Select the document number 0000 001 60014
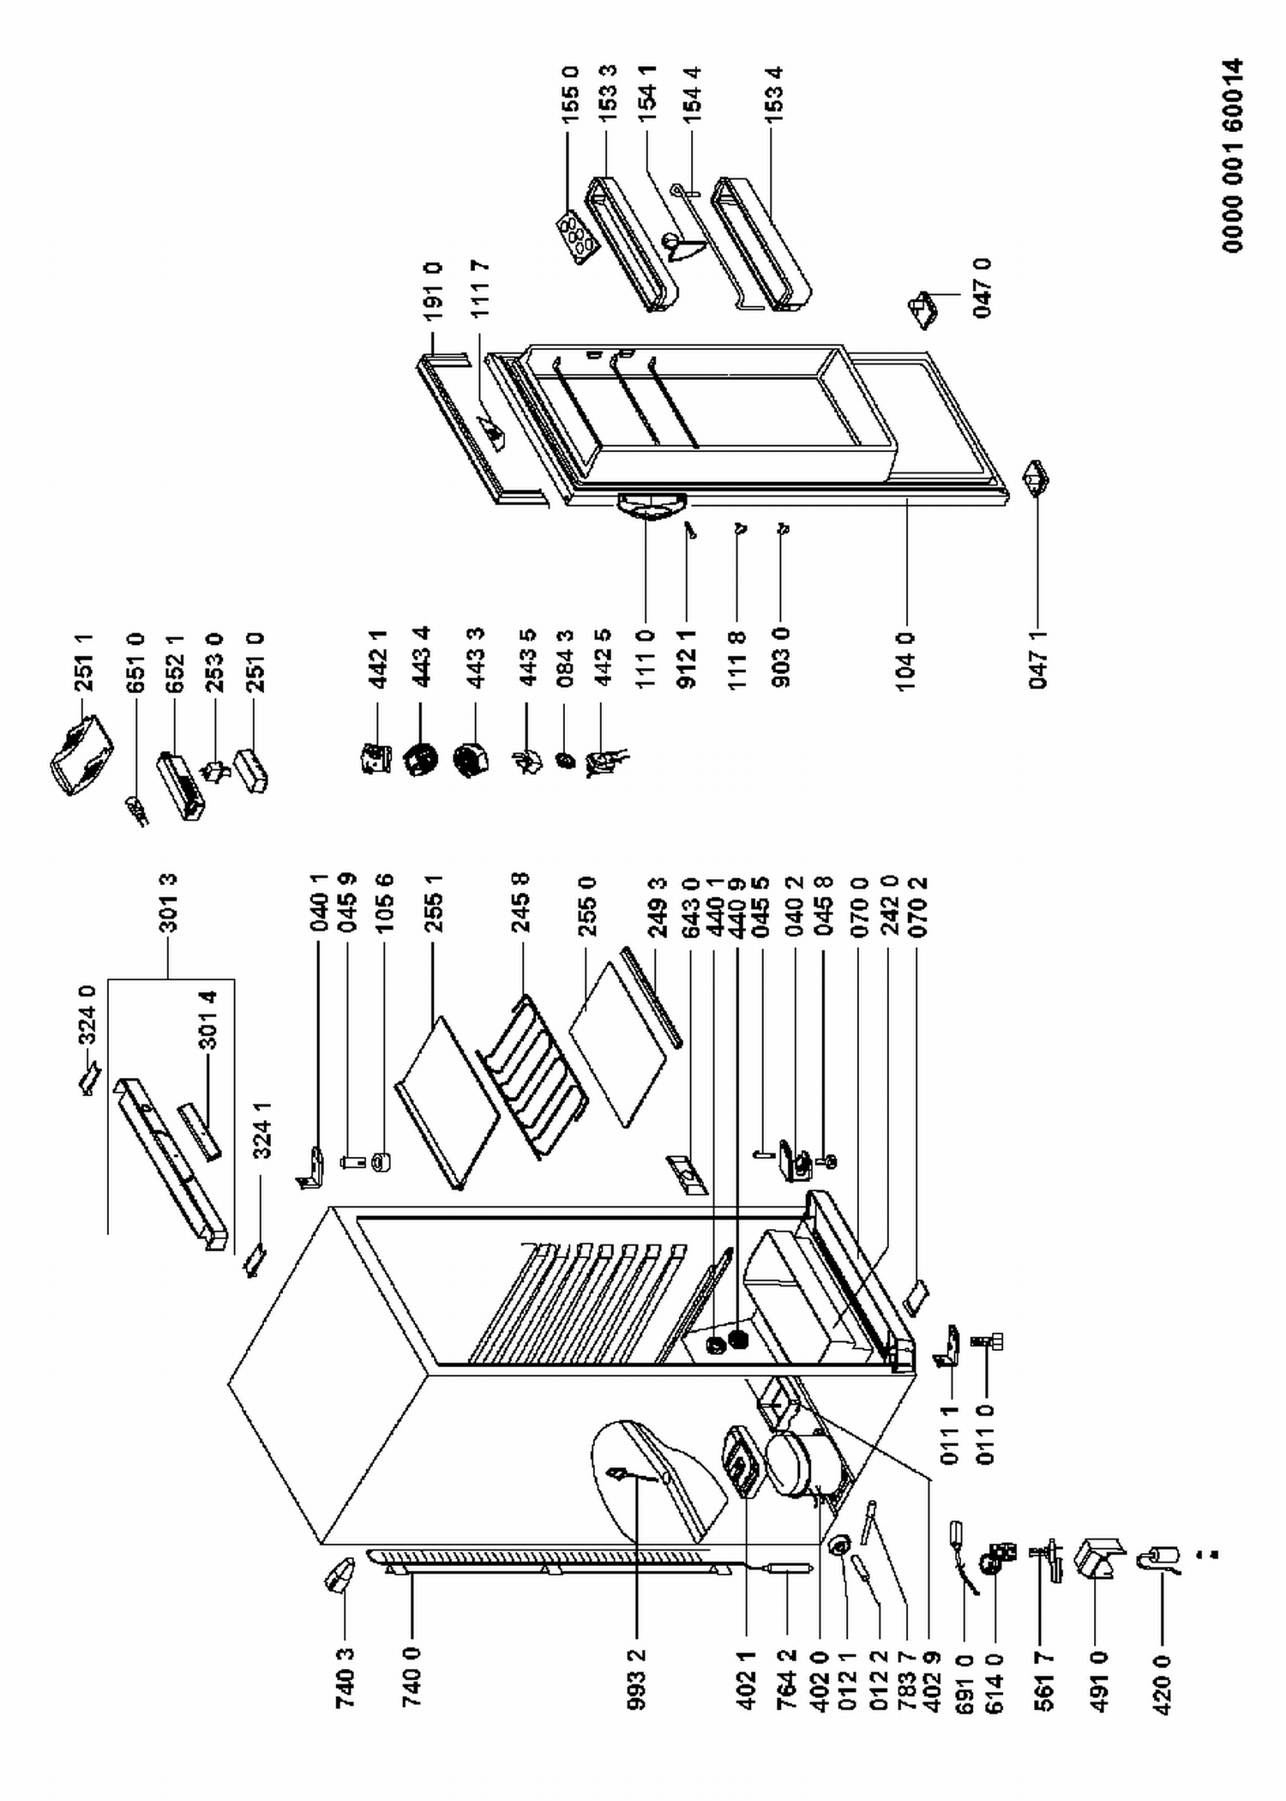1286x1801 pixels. click(x=1233, y=155)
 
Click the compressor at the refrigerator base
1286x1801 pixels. click(x=795, y=1467)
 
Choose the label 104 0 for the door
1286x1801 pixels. click(x=906, y=661)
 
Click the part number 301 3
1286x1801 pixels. click(x=168, y=903)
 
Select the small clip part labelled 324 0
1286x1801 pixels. click(x=90, y=1083)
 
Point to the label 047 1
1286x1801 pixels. click(x=1038, y=661)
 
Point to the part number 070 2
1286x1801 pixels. click(x=920, y=903)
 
